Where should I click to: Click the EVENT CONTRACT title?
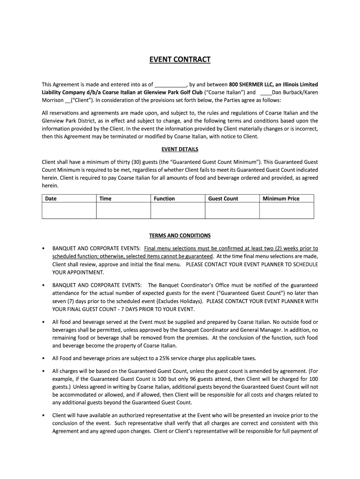click(180, 60)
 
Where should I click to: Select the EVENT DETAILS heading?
click(180, 149)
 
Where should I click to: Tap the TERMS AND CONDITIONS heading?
click(180, 236)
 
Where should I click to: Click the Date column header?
click(51, 199)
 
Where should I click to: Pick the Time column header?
click(106, 199)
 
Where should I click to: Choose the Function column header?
click(164, 199)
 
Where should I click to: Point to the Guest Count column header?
click(223, 199)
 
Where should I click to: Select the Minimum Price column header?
click(281, 199)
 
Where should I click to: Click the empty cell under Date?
click(69, 210)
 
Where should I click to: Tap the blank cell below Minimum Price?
click(287, 210)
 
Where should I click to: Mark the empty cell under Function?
click(178, 210)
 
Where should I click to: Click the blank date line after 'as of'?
click(171, 85)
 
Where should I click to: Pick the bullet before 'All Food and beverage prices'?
click(43, 358)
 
